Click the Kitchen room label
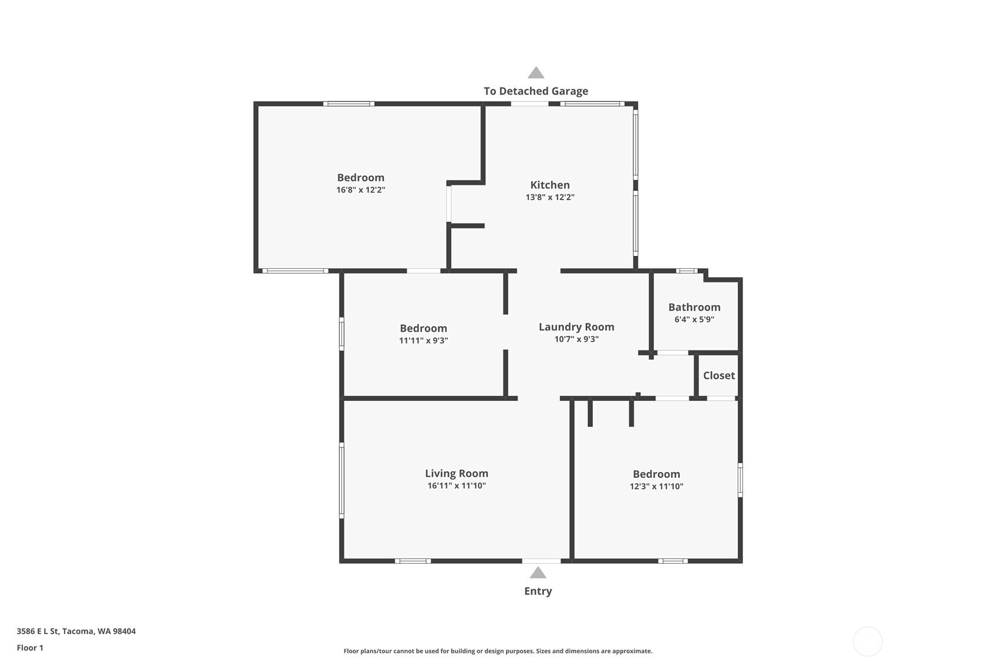tap(550, 185)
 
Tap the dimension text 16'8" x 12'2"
tap(360, 190)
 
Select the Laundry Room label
tap(576, 327)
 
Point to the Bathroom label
tap(694, 307)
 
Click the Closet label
tap(719, 376)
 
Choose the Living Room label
tap(457, 473)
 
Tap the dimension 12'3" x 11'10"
tap(656, 486)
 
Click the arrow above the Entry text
tap(538, 572)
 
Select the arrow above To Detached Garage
tap(535, 73)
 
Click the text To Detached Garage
tap(535, 91)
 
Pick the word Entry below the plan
tap(538, 591)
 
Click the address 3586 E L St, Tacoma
tap(76, 631)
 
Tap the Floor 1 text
tap(30, 648)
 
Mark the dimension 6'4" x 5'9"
tap(694, 320)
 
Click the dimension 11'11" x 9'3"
tap(423, 341)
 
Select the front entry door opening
tap(541, 561)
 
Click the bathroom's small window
tap(686, 271)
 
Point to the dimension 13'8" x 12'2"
tap(550, 197)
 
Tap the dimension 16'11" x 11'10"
tap(457, 486)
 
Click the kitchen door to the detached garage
tap(529, 104)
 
